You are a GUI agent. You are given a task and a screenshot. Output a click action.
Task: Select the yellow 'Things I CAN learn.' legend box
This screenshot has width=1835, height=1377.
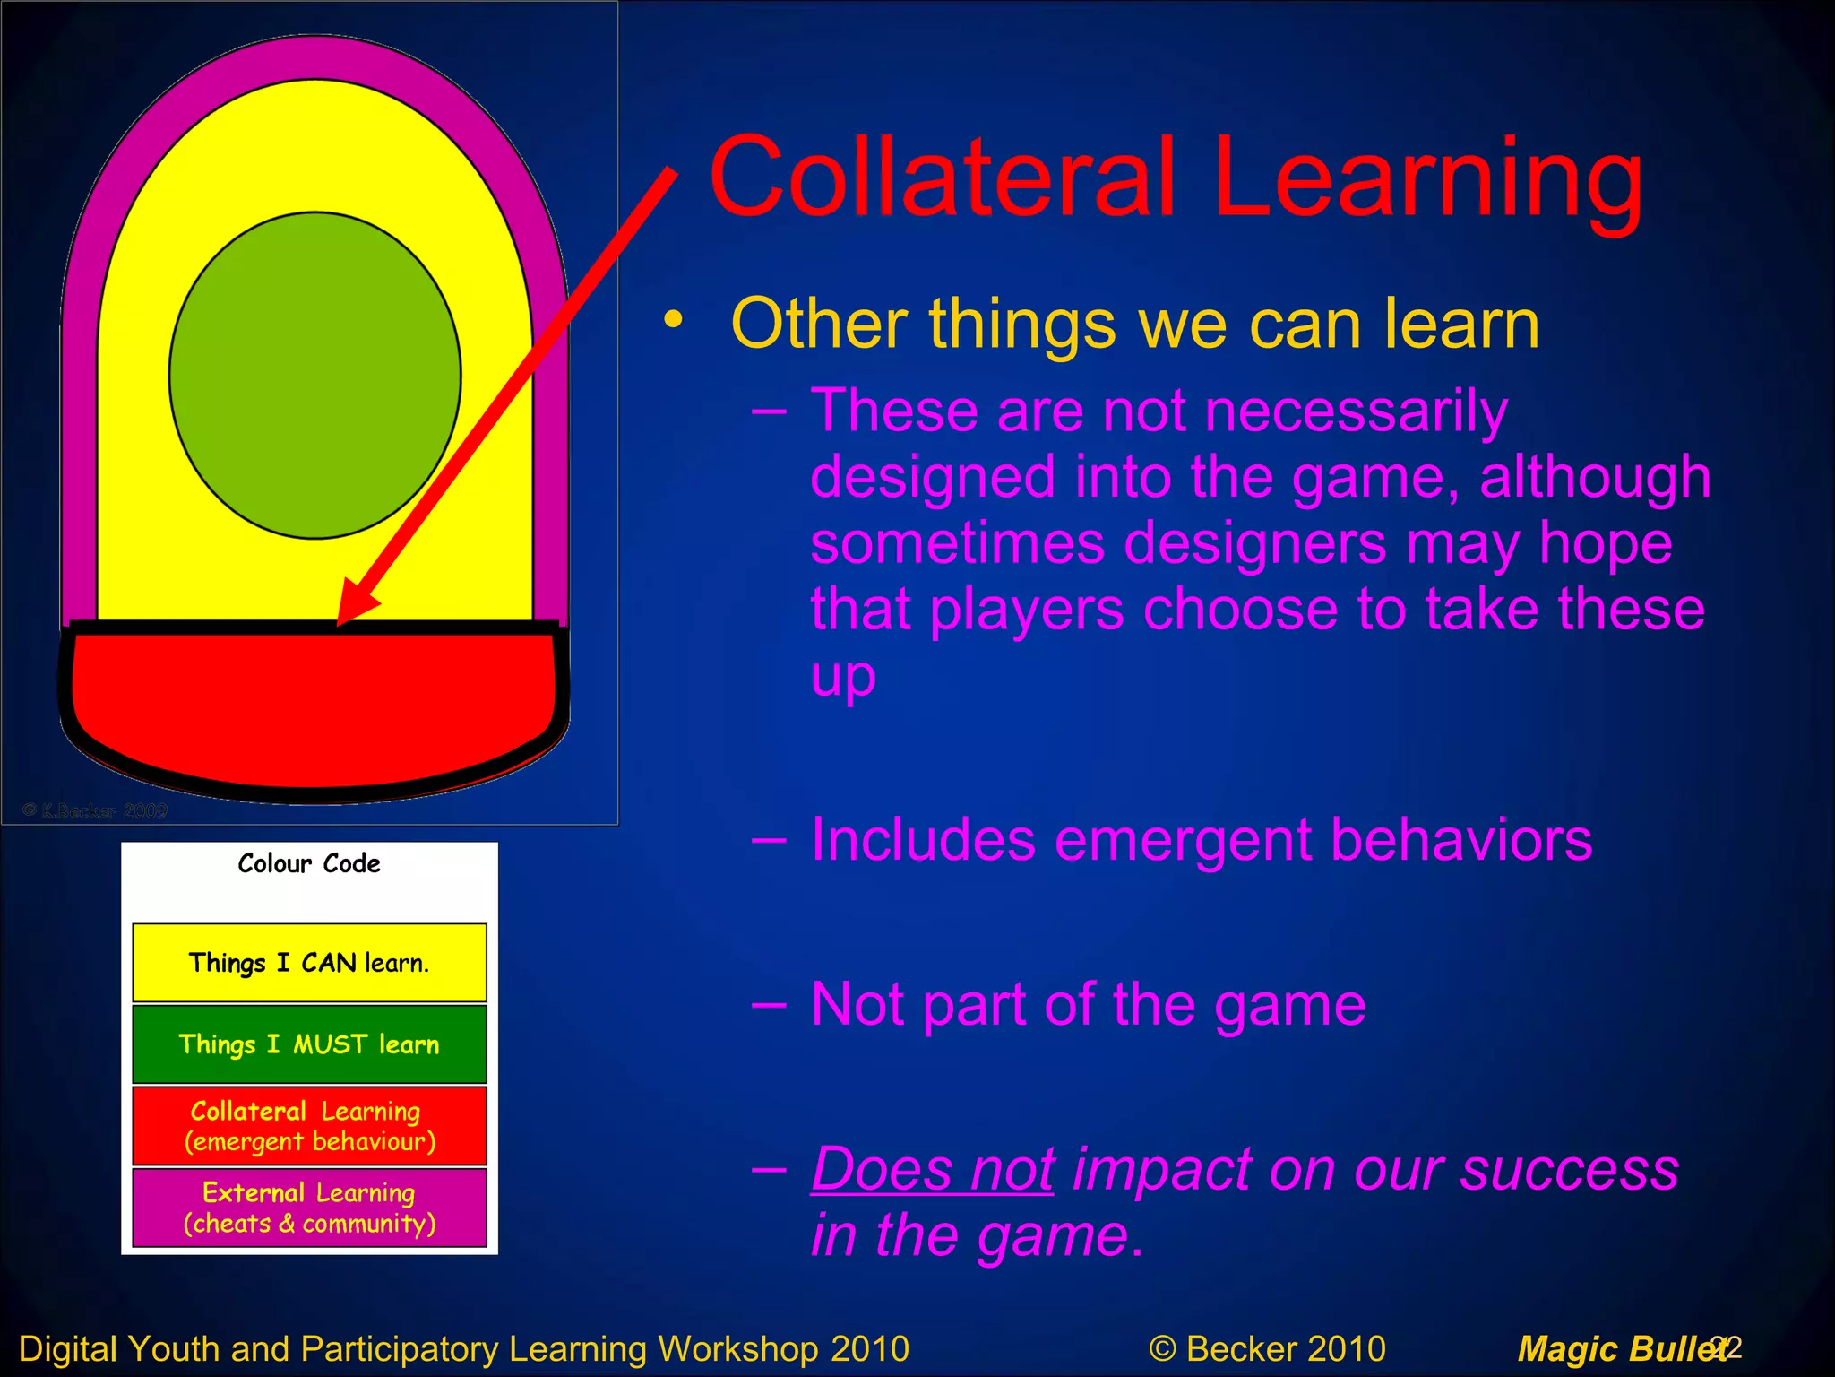(309, 962)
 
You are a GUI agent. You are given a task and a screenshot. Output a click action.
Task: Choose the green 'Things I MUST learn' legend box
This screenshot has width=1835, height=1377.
(309, 1044)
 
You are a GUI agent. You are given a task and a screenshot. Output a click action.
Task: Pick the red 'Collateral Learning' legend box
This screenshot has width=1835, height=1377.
(309, 1125)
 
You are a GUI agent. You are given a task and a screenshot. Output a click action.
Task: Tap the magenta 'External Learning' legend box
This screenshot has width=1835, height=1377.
(309, 1207)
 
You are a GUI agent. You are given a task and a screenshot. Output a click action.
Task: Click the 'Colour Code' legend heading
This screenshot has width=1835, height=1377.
(309, 863)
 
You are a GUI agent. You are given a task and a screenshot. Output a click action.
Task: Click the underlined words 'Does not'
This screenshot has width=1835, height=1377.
(933, 1170)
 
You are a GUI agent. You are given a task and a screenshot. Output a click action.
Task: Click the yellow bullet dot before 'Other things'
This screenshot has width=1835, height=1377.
(673, 320)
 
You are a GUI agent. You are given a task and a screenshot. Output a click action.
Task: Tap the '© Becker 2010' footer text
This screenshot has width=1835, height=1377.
(1267, 1348)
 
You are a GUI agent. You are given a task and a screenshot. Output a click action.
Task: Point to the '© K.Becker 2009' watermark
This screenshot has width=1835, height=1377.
(95, 810)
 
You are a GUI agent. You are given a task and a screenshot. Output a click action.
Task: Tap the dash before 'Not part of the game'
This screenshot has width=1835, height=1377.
(770, 1005)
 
